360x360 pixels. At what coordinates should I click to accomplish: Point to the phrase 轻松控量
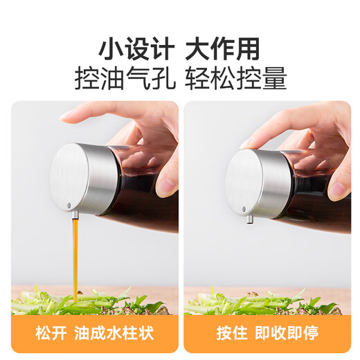click(x=236, y=80)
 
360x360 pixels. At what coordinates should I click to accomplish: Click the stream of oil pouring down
click(x=74, y=256)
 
